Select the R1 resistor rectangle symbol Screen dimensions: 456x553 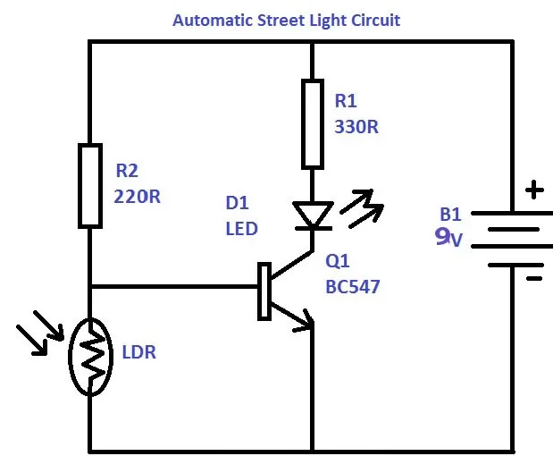(312, 123)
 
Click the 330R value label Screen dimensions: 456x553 (356, 127)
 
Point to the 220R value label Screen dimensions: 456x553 (138, 196)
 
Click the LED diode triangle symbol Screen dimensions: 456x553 (313, 215)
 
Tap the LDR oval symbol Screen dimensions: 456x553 (90, 355)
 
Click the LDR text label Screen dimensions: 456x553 (138, 352)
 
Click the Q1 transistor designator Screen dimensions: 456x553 (338, 263)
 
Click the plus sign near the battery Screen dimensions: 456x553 (533, 190)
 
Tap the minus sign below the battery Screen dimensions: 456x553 (533, 277)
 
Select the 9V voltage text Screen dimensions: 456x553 (448, 238)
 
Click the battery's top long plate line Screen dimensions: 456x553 (513, 213)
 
